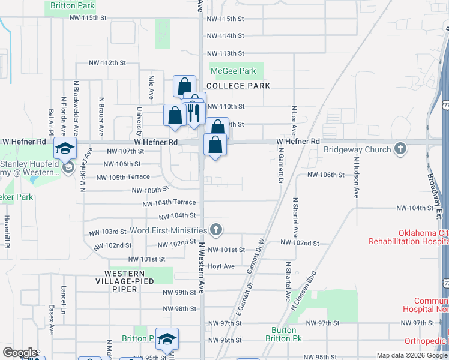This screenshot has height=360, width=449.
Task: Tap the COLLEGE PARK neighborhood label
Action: (x=238, y=86)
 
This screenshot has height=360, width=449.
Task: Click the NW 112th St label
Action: (x=107, y=62)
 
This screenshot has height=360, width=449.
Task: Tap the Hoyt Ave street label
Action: (x=221, y=266)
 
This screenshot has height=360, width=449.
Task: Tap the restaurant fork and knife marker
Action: (x=193, y=112)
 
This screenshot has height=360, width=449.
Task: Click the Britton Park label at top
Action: (x=73, y=5)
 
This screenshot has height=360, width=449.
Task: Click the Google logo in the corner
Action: (x=19, y=353)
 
